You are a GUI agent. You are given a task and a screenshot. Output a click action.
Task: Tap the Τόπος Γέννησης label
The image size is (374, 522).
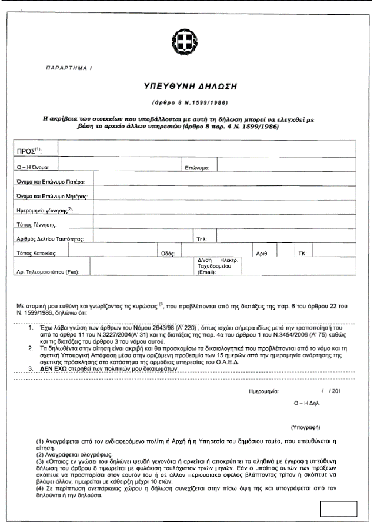(x=39, y=224)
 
